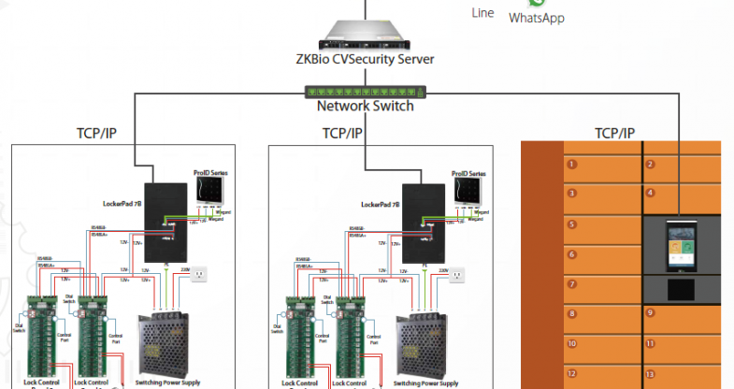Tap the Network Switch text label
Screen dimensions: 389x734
[365, 106]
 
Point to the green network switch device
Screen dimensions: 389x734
[364, 92]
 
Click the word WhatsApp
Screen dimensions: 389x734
[537, 18]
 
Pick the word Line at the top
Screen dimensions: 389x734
[483, 13]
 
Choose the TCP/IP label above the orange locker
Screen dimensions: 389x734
[614, 133]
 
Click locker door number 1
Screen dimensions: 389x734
[602, 165]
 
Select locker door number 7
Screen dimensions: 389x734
[602, 283]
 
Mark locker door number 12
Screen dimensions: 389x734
[602, 373]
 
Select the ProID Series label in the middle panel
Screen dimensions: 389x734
[468, 173]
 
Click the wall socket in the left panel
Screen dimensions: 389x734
[197, 275]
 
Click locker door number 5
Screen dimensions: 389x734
[602, 224]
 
